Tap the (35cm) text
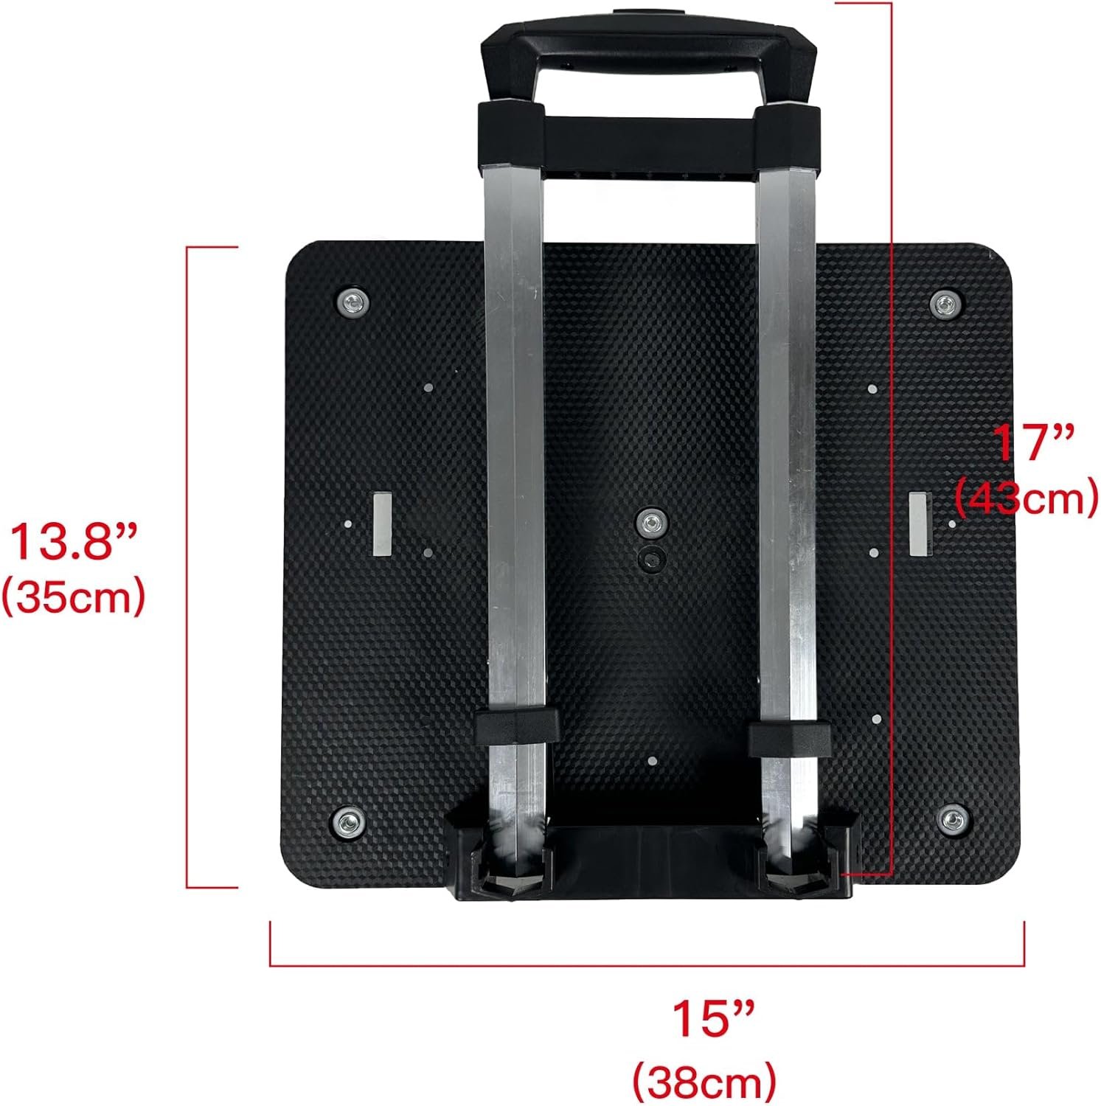(x=73, y=598)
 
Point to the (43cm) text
(x=1026, y=499)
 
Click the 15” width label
(x=712, y=1020)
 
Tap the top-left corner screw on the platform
(x=353, y=302)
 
